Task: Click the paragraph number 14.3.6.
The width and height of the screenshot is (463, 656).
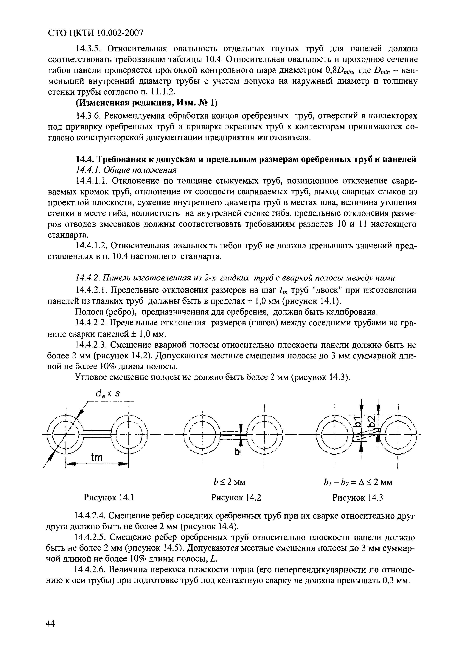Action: coord(88,116)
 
